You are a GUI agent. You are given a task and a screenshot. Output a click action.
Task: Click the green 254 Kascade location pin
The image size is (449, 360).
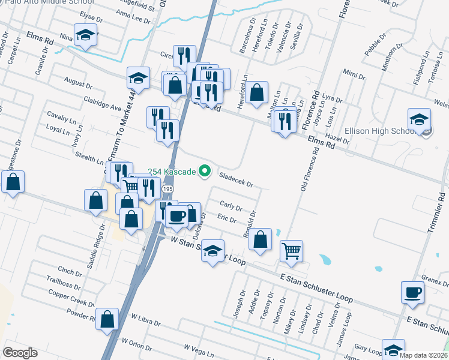204,172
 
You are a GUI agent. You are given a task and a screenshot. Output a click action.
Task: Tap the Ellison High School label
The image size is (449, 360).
378,131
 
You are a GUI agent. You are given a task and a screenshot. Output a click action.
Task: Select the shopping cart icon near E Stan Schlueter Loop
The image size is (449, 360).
291,251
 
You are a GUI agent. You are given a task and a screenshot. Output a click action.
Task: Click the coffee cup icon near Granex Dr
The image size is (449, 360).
413,292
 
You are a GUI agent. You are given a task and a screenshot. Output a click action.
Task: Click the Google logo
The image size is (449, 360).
20,353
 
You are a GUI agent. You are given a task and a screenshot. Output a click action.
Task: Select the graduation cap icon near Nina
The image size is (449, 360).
85,34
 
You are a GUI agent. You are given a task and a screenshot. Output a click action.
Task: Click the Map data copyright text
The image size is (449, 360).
424,355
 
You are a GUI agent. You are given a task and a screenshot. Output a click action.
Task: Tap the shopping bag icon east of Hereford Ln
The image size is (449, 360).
256,93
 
